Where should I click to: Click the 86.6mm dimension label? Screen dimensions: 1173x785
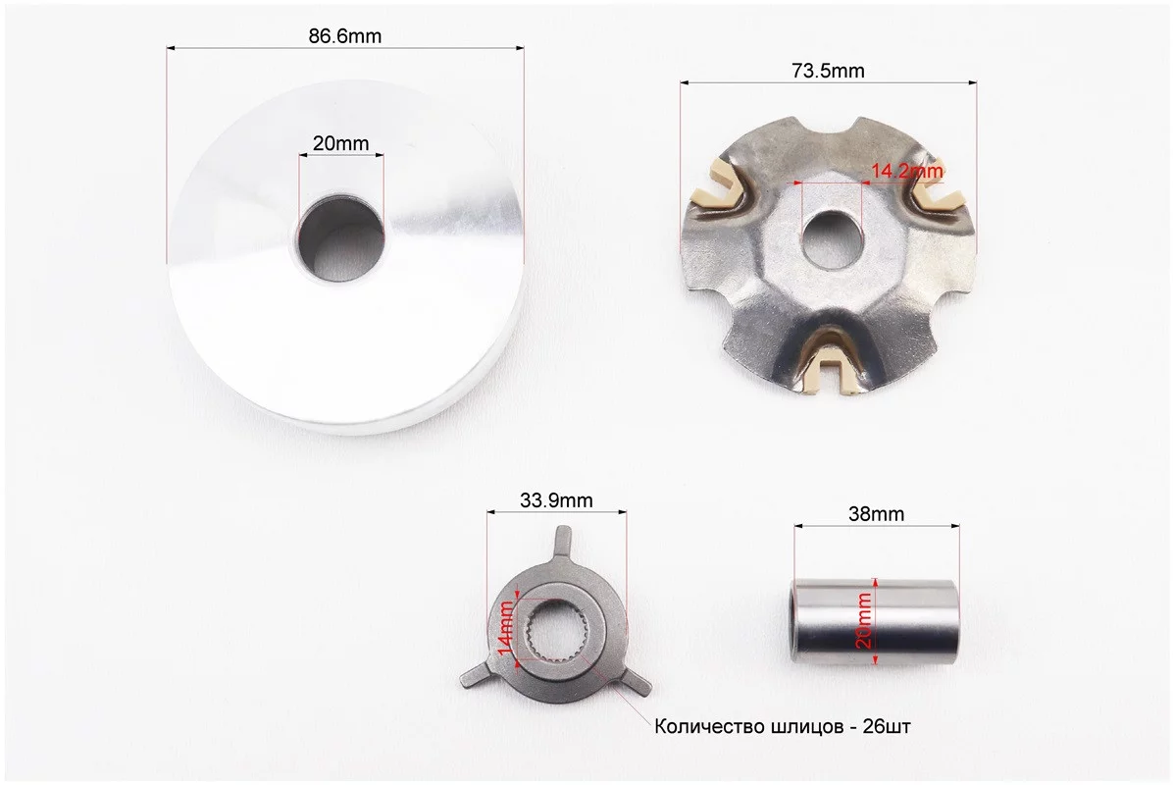tap(345, 36)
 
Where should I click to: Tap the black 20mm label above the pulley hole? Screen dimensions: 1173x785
tap(340, 143)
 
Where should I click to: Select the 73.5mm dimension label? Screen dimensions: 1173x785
tap(828, 71)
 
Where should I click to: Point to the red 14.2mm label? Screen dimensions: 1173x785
tap(906, 171)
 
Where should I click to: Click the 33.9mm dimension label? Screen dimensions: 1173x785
tap(556, 499)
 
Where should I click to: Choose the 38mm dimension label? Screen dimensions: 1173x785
tap(876, 514)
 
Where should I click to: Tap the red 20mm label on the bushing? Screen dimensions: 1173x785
tap(864, 620)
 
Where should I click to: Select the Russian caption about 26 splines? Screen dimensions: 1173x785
tap(783, 727)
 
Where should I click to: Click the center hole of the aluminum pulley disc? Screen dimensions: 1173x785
tap(341, 238)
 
